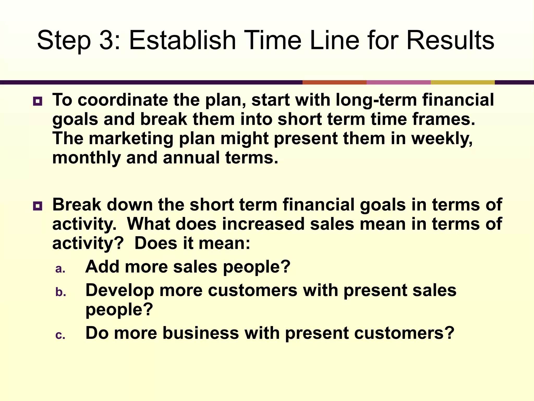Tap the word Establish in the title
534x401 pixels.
point(182,40)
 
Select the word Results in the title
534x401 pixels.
point(450,40)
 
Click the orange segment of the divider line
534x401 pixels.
point(334,82)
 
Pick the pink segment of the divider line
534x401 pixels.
point(398,82)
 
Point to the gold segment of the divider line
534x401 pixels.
point(462,82)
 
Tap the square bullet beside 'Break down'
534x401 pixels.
point(38,206)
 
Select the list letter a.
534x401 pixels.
point(60,269)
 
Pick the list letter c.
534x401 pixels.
point(60,335)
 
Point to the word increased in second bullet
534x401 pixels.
point(263,224)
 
